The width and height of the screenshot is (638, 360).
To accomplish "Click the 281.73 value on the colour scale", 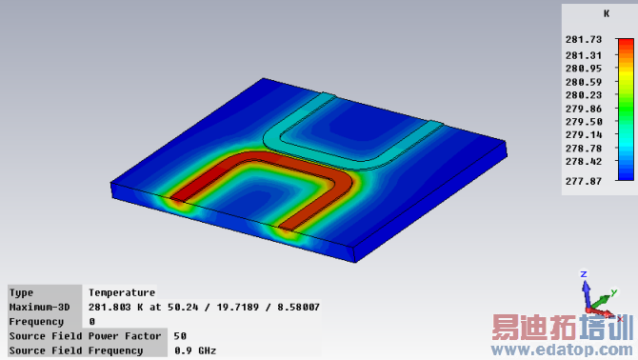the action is point(584,39).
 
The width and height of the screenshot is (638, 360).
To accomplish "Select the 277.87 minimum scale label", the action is point(584,181).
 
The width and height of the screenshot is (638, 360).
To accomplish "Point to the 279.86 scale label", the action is point(584,109).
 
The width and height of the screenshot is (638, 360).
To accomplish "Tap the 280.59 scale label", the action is point(584,82).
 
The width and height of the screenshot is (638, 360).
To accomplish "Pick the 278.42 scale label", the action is point(584,162).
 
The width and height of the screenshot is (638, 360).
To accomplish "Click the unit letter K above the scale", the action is point(607,14).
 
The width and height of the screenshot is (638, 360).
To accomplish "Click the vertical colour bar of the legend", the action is point(626,110).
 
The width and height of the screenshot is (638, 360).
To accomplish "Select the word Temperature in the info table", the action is point(122,292).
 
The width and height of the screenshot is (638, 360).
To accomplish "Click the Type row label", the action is point(21,293).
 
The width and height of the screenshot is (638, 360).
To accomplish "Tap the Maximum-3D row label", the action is point(39,307).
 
